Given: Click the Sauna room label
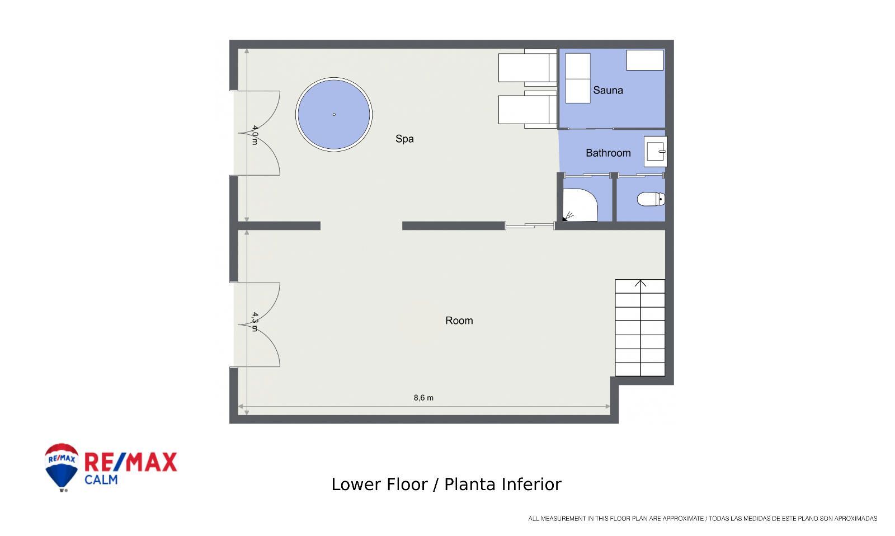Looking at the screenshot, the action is tap(607, 90).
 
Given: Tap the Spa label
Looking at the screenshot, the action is tap(404, 139).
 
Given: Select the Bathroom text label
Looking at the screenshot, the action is tap(608, 153).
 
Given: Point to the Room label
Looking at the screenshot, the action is tap(459, 321).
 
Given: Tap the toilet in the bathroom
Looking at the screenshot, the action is tap(651, 199).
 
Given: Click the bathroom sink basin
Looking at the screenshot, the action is tap(655, 152).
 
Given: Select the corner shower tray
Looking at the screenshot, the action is tap(580, 205).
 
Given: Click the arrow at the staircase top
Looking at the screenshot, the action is tap(640, 284).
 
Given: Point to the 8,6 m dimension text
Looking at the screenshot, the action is tap(423, 398).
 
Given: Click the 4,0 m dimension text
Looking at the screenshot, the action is tap(255, 135).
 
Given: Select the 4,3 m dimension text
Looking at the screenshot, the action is tap(255, 322).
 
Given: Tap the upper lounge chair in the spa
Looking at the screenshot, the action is tap(527, 68).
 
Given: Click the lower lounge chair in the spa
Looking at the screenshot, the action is tap(527, 110).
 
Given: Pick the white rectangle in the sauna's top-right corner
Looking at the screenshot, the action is tap(644, 60).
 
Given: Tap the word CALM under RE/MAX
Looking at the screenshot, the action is tap(101, 479).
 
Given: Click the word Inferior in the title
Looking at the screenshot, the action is tap(531, 485).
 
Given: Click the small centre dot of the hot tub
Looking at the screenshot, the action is tap(334, 115).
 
